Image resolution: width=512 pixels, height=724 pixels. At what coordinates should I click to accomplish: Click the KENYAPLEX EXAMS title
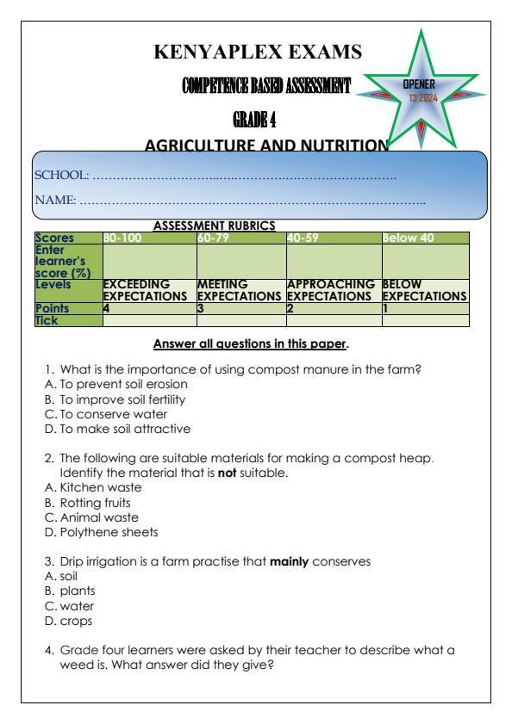(257, 53)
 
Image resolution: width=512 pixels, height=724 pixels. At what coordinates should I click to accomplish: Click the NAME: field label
(55, 201)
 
